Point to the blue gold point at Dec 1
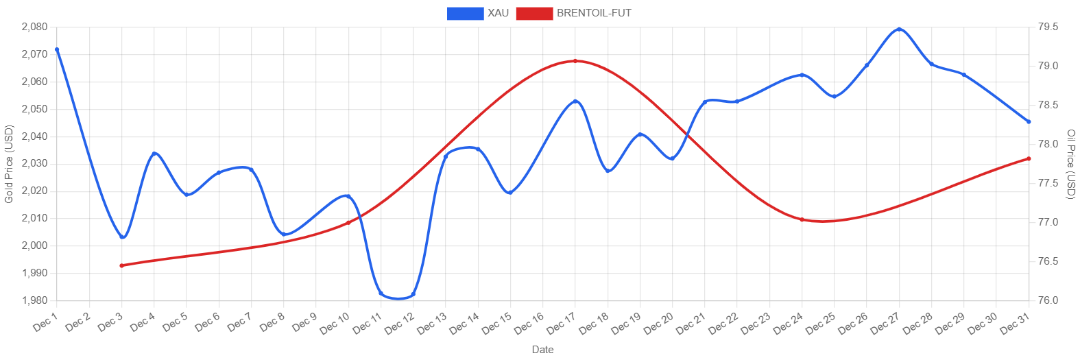57,49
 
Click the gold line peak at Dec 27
899,29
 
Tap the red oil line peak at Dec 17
575,61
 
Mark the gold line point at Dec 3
122,237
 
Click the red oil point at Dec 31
1029,158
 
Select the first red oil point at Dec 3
121,265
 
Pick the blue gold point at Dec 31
1029,121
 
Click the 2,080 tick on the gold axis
34,27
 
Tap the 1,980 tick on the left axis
34,300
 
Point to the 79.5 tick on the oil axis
1048,27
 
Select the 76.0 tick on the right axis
1048,300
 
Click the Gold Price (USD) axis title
9,164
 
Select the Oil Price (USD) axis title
1071,164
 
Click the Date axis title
542,350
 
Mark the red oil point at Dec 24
802,219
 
